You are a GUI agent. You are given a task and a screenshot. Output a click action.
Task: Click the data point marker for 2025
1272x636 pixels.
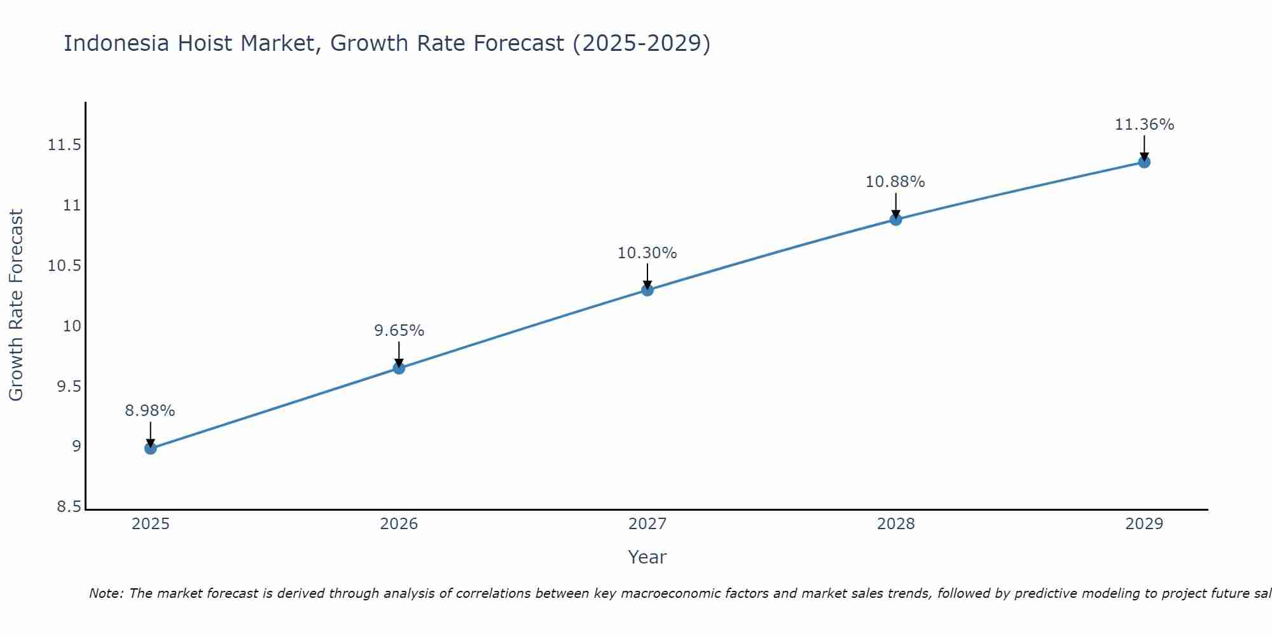(x=150, y=448)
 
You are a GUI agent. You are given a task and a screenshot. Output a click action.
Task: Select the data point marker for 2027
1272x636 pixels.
(x=647, y=290)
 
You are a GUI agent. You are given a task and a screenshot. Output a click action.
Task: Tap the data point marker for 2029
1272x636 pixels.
(x=1144, y=162)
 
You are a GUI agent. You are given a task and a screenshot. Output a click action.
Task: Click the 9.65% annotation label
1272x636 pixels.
(x=399, y=331)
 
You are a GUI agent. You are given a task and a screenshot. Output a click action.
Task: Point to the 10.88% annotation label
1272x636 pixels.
(x=895, y=182)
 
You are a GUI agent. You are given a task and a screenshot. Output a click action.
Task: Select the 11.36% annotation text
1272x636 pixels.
(x=1144, y=125)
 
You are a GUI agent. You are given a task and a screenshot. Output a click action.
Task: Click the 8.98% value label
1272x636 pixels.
(x=150, y=411)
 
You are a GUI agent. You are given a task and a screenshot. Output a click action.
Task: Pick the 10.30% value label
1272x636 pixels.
(x=647, y=253)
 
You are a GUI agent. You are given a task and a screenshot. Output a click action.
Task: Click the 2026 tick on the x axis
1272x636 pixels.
(x=399, y=524)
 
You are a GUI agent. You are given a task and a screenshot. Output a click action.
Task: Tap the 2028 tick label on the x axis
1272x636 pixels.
(x=895, y=524)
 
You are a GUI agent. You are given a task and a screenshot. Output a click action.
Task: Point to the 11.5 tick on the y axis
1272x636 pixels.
(x=65, y=146)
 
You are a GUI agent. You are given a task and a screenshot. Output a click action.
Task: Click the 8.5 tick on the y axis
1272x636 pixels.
(x=69, y=507)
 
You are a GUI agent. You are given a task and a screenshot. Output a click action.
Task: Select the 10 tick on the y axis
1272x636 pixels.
(x=72, y=326)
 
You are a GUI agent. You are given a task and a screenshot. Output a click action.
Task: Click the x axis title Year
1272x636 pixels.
(x=647, y=557)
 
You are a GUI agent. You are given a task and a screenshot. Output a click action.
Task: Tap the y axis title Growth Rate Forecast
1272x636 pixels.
(x=16, y=305)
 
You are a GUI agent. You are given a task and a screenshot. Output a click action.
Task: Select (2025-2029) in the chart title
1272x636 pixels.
(x=641, y=43)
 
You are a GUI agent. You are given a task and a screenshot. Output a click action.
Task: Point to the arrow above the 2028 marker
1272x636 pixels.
(x=895, y=205)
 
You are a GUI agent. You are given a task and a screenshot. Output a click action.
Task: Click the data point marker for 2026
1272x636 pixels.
(x=399, y=368)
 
